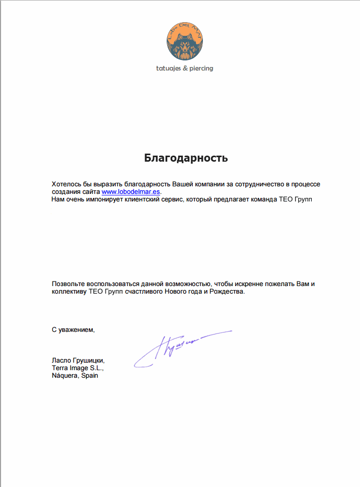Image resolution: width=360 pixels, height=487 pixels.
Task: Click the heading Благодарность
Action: (186, 158)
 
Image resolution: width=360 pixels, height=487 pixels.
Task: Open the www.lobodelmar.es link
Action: (131, 192)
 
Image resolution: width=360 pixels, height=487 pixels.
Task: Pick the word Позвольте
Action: (68, 284)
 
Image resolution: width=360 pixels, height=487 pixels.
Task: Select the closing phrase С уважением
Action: (73, 330)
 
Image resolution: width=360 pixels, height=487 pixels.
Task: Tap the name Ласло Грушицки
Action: (78, 361)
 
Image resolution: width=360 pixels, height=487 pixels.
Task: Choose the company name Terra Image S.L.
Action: (77, 368)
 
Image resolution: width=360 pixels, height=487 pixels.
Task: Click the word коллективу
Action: (69, 292)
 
